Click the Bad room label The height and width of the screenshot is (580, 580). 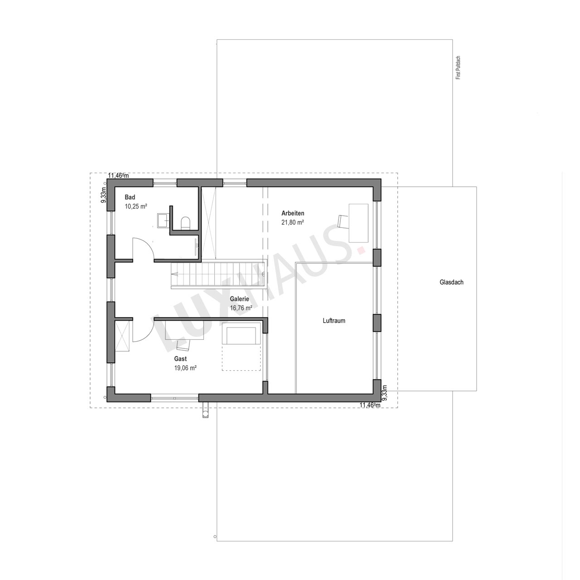(130, 197)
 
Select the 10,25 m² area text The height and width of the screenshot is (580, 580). (136, 207)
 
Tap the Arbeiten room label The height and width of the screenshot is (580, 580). (293, 213)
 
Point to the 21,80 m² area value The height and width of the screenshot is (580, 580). (293, 222)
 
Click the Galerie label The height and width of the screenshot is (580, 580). (239, 299)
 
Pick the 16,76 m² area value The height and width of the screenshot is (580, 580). (241, 308)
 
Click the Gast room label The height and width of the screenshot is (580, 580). (180, 359)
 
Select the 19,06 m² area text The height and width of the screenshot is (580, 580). (185, 368)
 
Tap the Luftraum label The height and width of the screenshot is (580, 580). (334, 320)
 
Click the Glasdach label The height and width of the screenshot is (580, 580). (451, 282)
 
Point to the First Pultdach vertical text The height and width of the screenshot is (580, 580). (458, 68)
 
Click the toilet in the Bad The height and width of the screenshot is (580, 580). (185, 223)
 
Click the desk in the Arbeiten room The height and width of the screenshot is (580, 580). (358, 223)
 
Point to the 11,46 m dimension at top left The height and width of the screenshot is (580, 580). (118, 175)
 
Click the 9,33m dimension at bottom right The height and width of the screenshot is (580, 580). (384, 393)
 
